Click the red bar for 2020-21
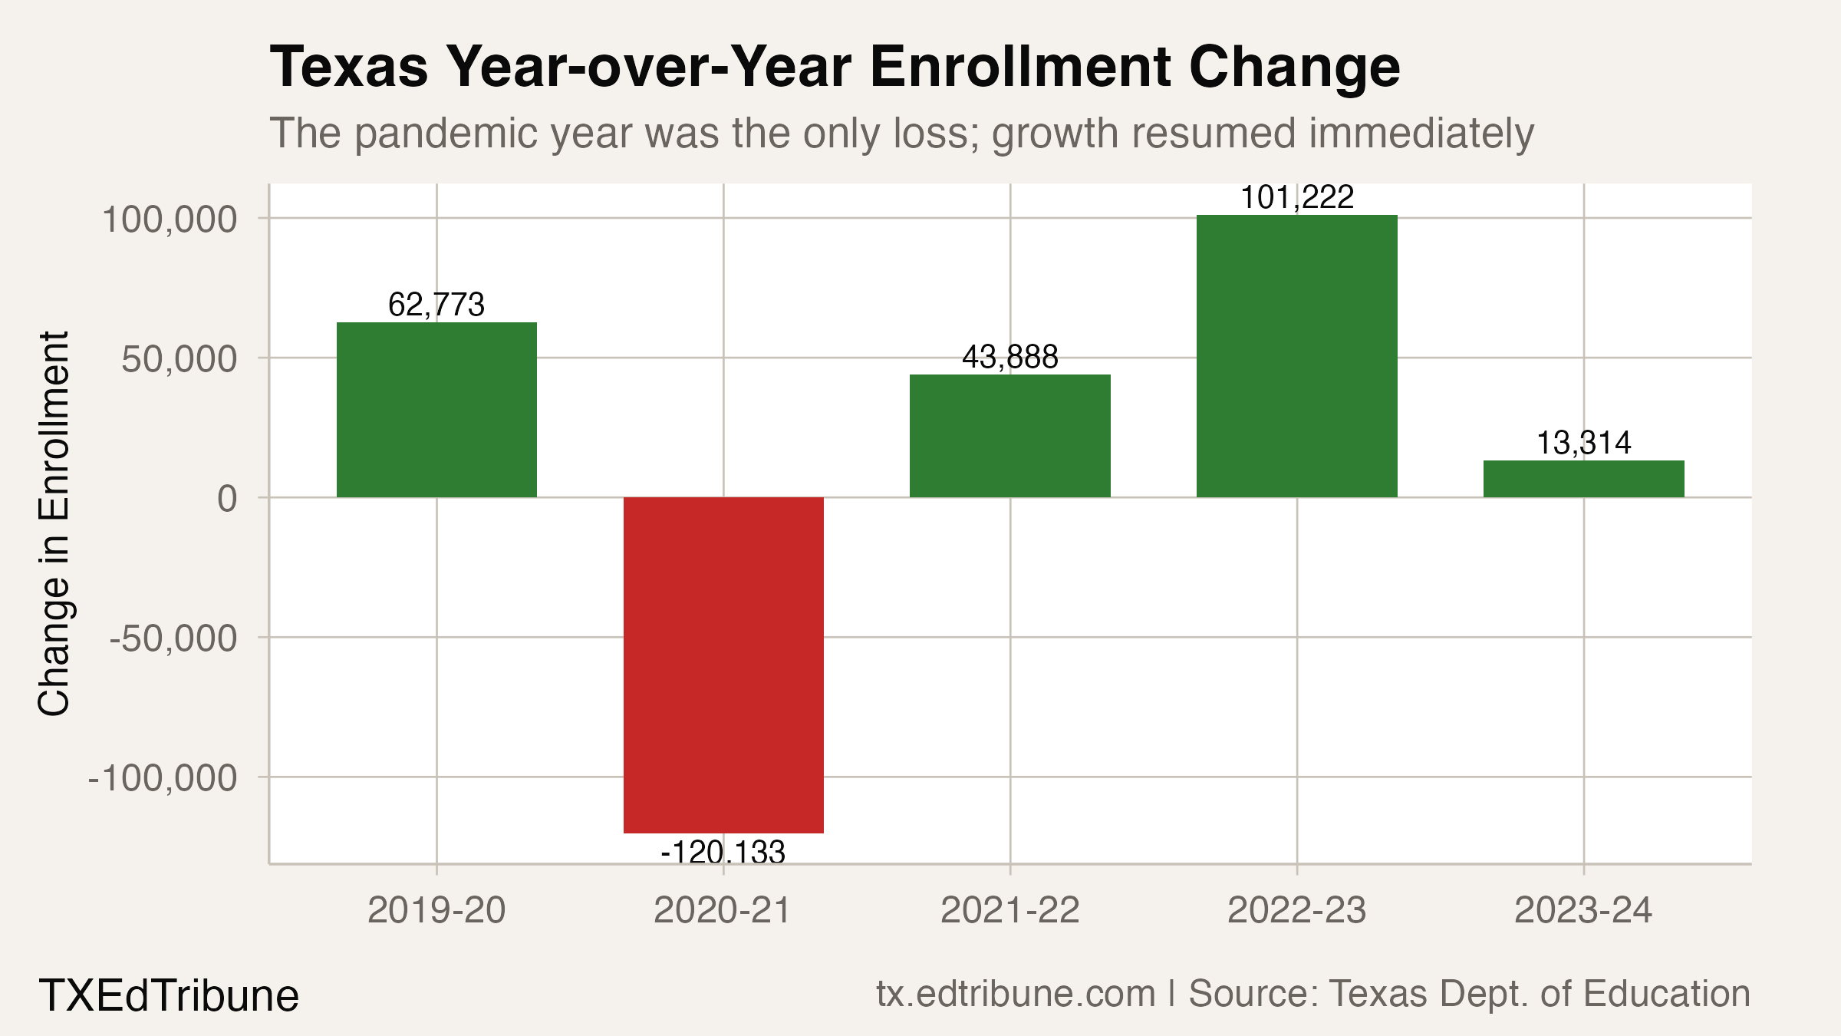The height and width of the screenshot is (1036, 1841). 723,665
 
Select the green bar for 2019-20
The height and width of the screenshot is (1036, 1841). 436,410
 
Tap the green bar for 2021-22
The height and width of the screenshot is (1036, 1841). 1009,436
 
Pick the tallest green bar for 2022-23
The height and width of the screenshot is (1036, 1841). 1296,356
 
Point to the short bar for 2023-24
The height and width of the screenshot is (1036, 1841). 1583,479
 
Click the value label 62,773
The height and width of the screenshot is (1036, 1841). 436,305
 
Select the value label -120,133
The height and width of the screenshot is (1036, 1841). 723,853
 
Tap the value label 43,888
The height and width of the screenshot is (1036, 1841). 1009,357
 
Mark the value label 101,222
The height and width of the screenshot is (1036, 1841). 1296,198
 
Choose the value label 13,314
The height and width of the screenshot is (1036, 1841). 1583,443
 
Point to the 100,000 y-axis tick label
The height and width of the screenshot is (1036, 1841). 170,219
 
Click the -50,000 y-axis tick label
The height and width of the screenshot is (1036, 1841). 173,638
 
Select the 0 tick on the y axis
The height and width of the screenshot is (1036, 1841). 227,499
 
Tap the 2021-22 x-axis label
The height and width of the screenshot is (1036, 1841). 1009,911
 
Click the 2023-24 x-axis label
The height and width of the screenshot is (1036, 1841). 1583,911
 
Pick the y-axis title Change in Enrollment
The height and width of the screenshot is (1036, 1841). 54,523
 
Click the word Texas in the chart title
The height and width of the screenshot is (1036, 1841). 349,68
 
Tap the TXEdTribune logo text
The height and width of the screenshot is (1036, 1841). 169,995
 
